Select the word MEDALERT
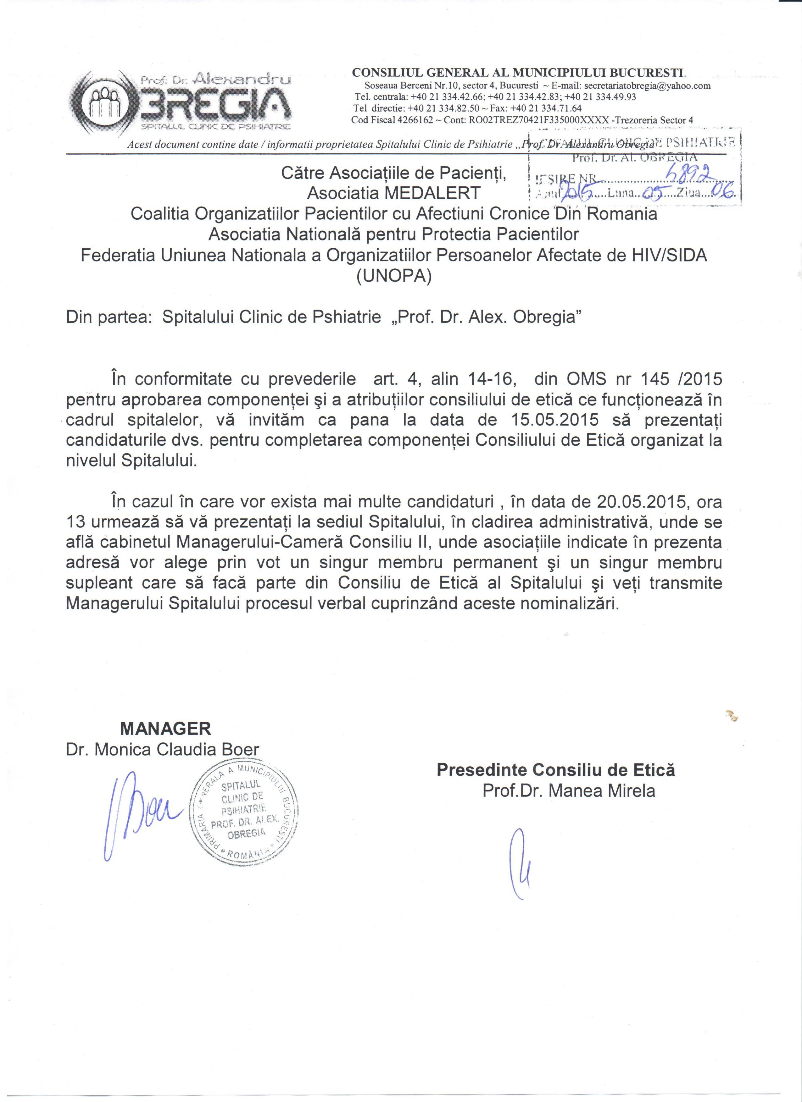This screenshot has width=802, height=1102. [x=431, y=193]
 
